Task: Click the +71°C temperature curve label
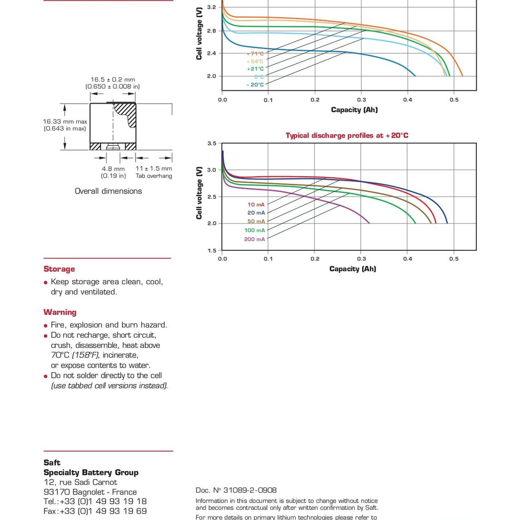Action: click(255, 53)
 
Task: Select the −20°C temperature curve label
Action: click(255, 85)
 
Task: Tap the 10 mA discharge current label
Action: click(256, 204)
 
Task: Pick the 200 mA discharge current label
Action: click(254, 239)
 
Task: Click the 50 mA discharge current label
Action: click(256, 221)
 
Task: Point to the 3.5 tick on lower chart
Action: click(212, 144)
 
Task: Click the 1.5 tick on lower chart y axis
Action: click(212, 251)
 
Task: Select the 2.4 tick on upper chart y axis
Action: click(212, 53)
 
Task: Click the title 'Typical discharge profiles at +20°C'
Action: click(347, 136)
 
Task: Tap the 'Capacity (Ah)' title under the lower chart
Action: click(352, 269)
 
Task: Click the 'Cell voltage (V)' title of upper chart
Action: click(199, 33)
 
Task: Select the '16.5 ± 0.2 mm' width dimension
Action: click(113, 80)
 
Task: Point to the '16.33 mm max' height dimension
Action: click(64, 121)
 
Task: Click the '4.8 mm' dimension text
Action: click(113, 169)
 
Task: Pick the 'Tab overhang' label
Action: click(154, 176)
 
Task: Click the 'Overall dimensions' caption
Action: click(108, 191)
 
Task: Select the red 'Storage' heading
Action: click(59, 269)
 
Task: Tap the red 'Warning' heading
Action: click(60, 312)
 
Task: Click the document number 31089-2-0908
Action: click(236, 490)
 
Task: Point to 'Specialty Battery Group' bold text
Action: click(91, 472)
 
